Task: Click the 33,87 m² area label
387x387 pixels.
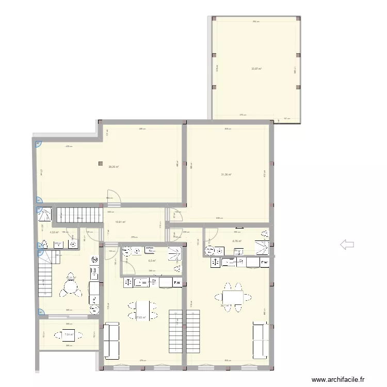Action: click(256, 69)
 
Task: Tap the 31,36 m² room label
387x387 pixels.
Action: click(226, 174)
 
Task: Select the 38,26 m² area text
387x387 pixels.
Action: click(114, 167)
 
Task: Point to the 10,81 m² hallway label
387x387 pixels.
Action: click(120, 222)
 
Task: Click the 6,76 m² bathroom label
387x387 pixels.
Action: click(237, 241)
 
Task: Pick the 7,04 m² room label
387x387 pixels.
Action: click(69, 334)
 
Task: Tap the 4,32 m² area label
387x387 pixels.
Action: click(54, 232)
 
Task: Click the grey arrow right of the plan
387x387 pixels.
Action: click(347, 245)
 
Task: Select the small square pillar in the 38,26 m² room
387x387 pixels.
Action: click(101, 164)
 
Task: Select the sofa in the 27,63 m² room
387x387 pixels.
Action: click(111, 341)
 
